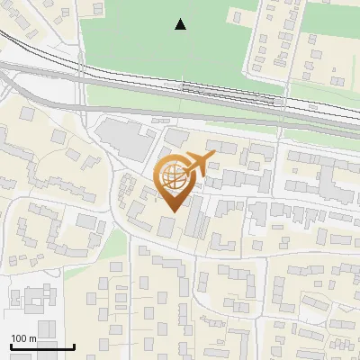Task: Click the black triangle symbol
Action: [x=181, y=24]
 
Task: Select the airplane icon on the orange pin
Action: [x=200, y=163]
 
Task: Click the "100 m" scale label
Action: [x=23, y=338]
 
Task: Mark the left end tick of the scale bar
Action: [x=11, y=345]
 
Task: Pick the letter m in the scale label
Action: [x=32, y=338]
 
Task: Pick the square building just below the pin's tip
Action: [x=167, y=226]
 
